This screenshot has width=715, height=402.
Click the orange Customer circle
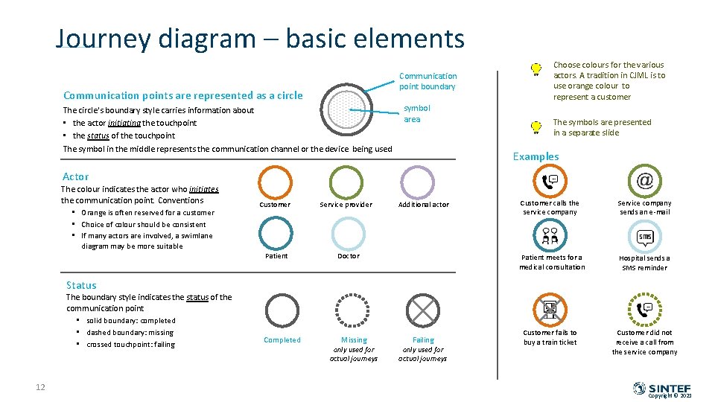point(276,182)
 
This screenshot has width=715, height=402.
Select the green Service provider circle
point(346,182)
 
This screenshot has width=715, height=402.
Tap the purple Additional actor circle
point(417,182)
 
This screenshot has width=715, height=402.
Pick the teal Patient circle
point(276,233)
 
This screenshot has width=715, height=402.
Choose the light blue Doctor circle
point(348,233)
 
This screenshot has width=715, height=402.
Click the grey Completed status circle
point(282,309)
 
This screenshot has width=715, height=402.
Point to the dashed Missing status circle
point(354,309)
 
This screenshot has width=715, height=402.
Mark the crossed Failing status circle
point(423,309)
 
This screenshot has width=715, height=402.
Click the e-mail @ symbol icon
point(645,180)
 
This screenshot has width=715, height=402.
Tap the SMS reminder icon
point(645,237)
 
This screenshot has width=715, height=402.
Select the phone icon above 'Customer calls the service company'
point(550,181)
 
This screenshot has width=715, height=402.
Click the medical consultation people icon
point(550,236)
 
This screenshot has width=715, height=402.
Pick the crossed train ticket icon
point(550,309)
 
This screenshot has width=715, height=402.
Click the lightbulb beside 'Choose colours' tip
point(536,70)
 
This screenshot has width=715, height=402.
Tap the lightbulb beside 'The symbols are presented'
point(536,127)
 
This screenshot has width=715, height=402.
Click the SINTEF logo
point(662,389)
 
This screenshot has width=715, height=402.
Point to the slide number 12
point(40,386)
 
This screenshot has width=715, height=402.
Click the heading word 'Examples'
point(536,156)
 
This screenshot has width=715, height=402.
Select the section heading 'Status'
point(81,285)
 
